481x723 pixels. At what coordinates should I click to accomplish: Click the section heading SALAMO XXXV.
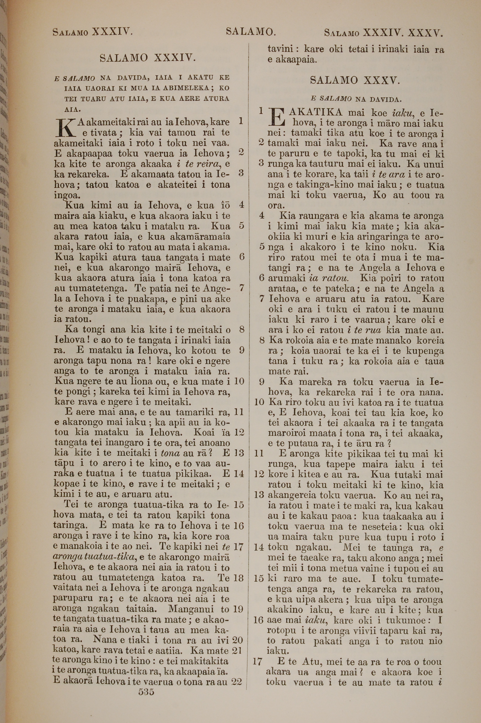pos(355,80)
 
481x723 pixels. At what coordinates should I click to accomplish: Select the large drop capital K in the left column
pos(65,128)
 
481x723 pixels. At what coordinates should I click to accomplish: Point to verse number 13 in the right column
pos(259,495)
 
